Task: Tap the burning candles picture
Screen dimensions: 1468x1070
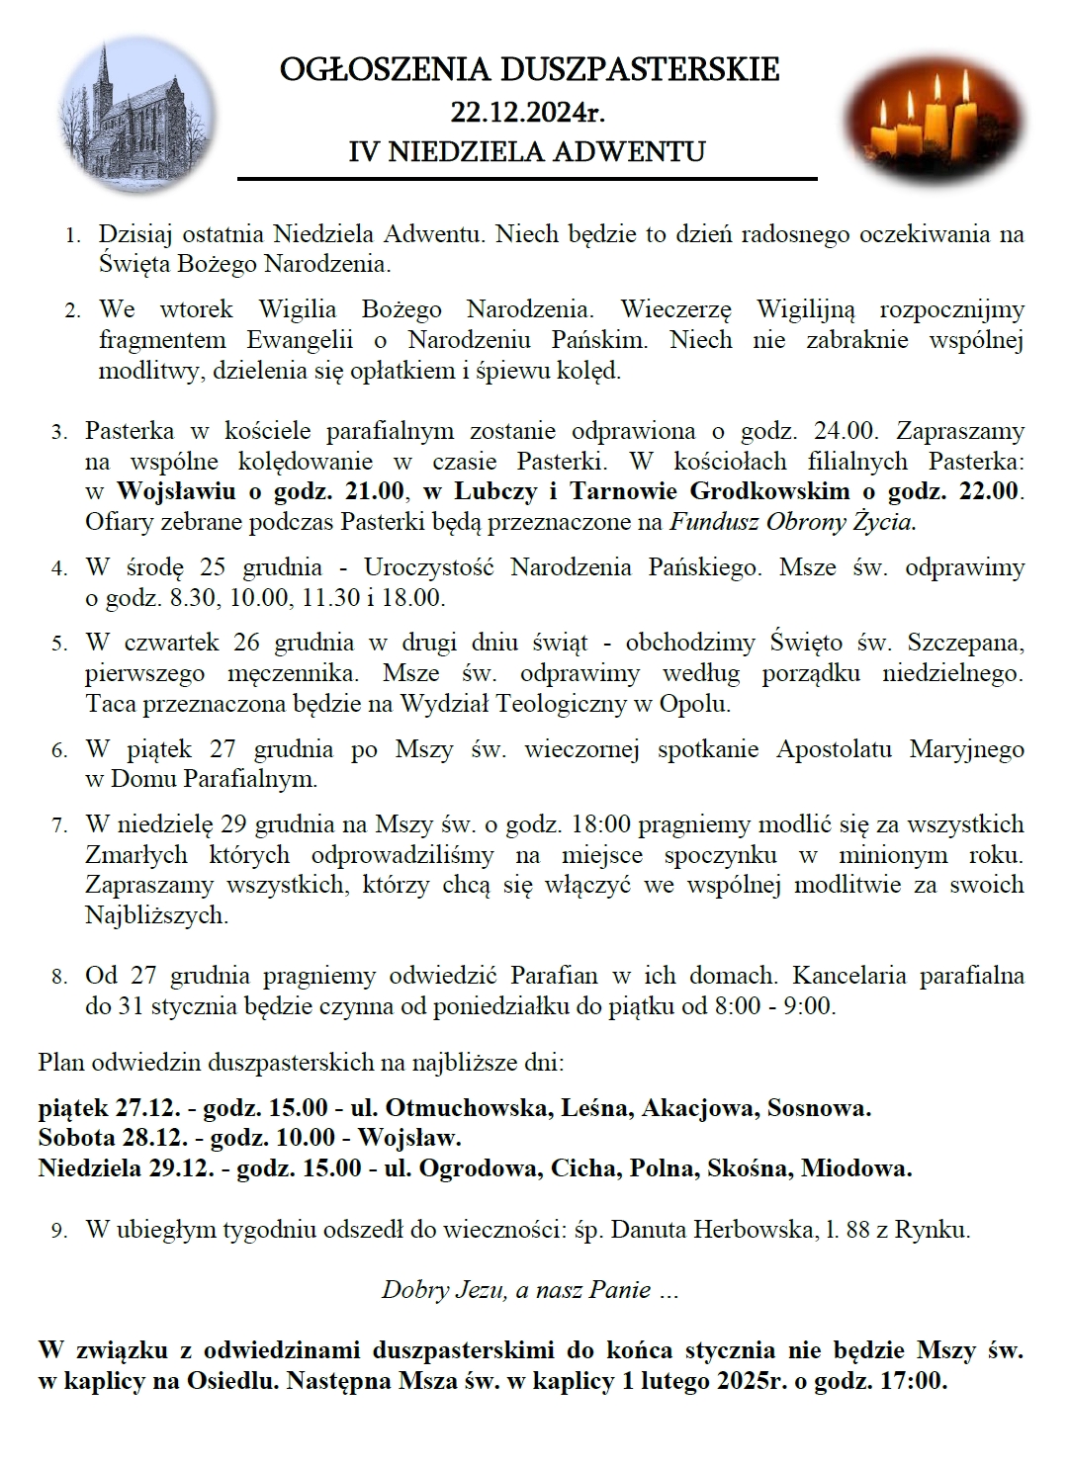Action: click(x=935, y=120)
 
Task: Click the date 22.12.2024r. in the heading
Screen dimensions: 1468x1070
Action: click(x=527, y=112)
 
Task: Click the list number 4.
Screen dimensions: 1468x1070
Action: click(x=59, y=568)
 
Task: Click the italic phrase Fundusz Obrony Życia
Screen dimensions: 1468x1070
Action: click(x=792, y=522)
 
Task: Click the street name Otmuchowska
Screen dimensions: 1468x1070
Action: click(x=468, y=1108)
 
